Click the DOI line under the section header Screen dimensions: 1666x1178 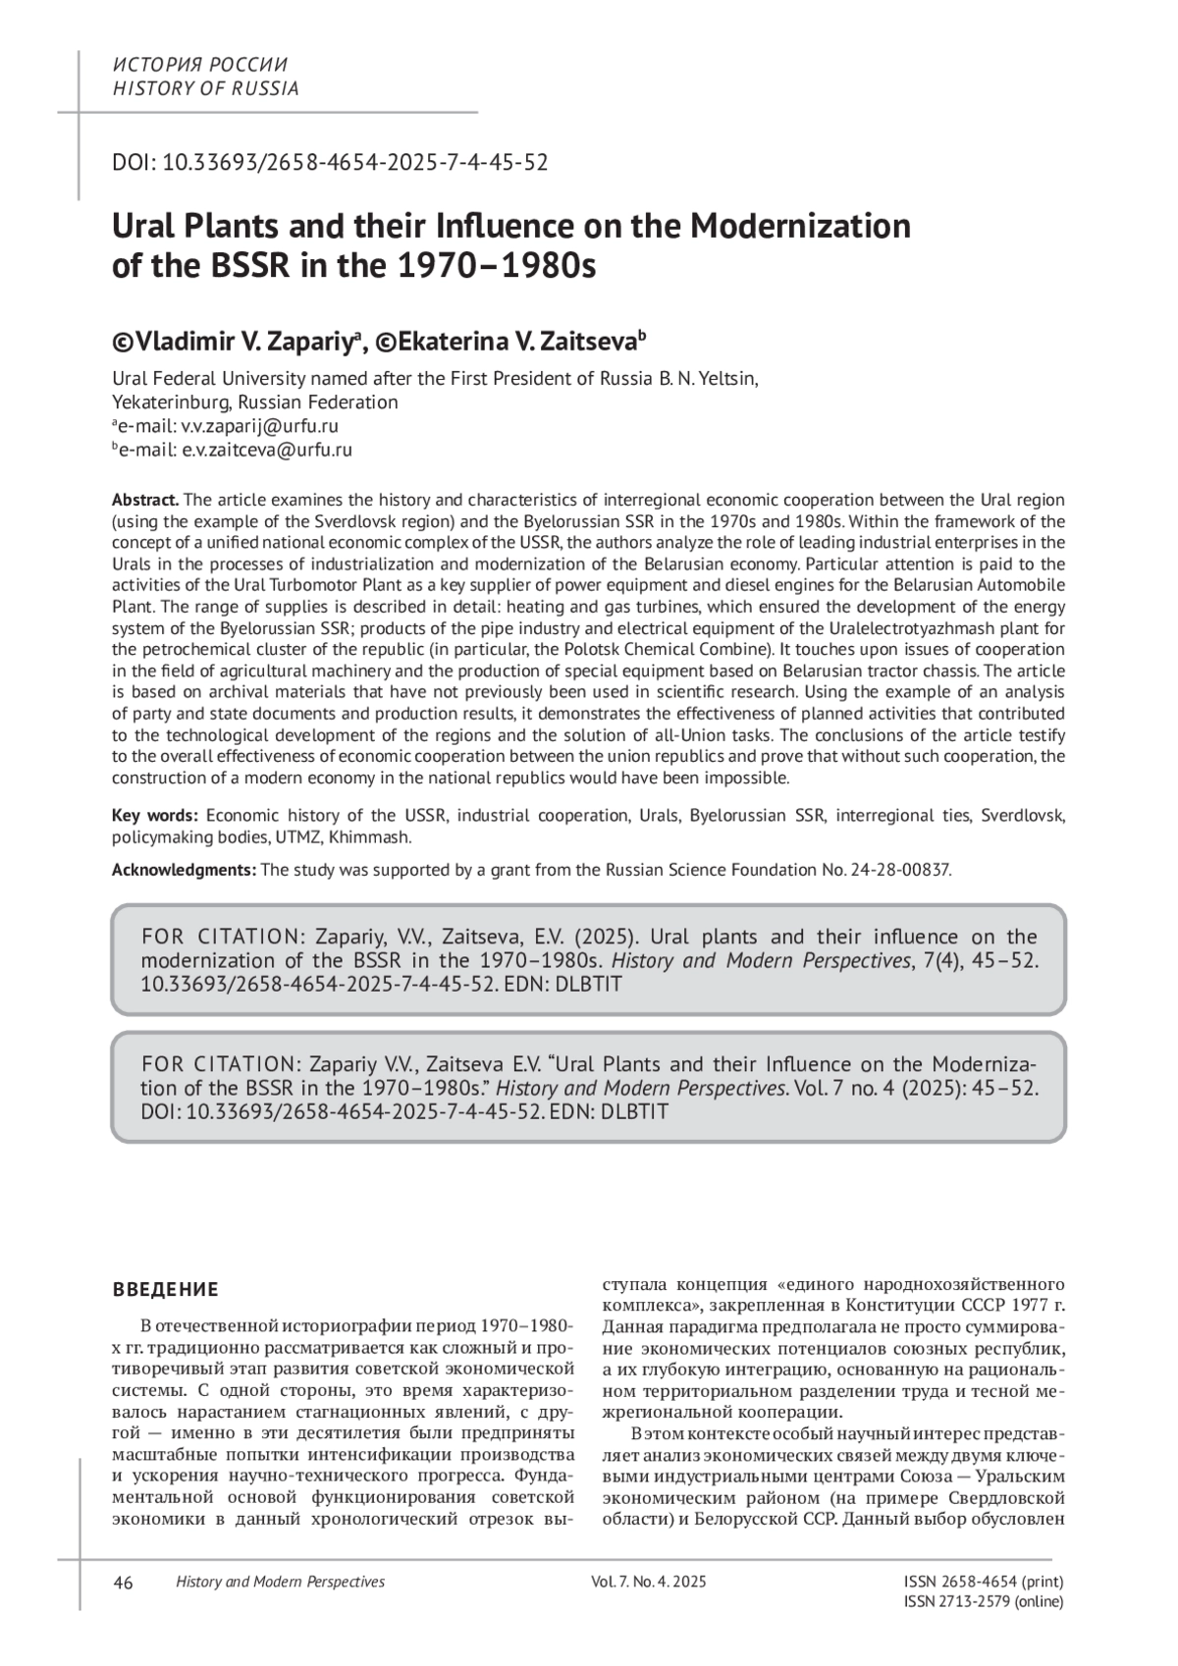(x=330, y=162)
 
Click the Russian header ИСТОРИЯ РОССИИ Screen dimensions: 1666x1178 (x=201, y=65)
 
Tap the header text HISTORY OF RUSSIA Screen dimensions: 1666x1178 (x=206, y=88)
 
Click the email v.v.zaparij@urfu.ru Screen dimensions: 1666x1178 (x=260, y=426)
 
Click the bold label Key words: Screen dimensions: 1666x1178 (x=155, y=816)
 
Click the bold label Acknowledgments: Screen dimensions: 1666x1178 (x=185, y=870)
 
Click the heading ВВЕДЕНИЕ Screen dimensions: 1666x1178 (x=166, y=1289)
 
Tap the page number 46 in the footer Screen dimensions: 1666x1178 (x=124, y=1582)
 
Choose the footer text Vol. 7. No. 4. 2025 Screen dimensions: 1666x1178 (x=649, y=1582)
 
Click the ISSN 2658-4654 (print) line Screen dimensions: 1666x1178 (x=983, y=1582)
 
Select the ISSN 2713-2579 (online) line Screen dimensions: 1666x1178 (x=983, y=1601)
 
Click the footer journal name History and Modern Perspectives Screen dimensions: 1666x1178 (x=280, y=1582)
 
